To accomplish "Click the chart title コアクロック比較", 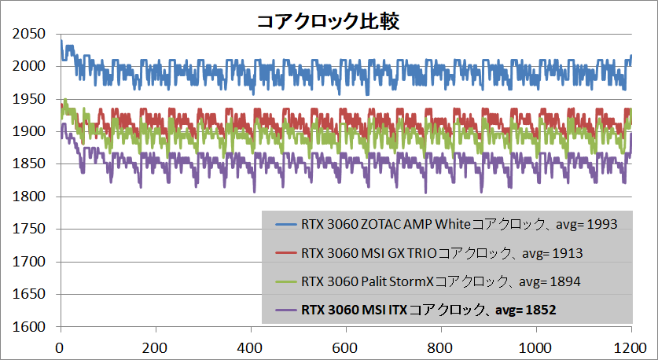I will coord(329,21).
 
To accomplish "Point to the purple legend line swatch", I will coord(281,310).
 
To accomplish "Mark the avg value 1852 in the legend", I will coord(542,310).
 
